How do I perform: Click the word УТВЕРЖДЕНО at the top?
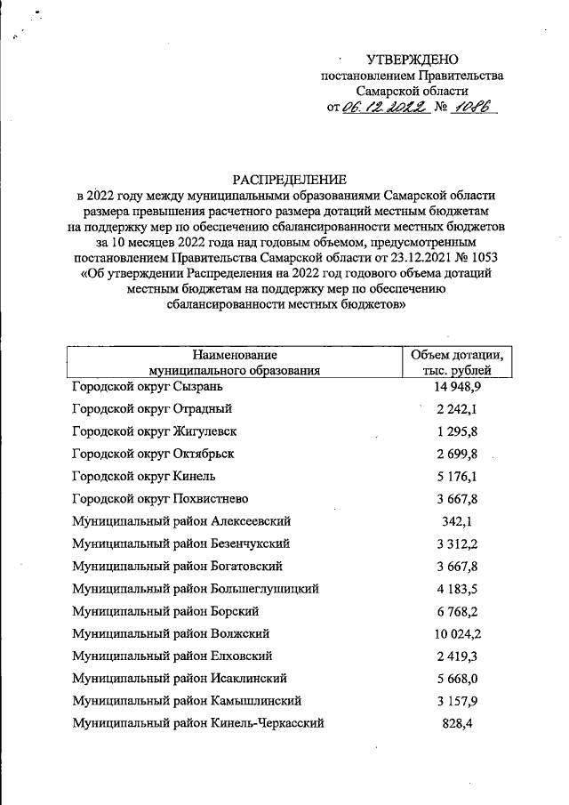[x=412, y=58]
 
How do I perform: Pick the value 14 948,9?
[x=458, y=386]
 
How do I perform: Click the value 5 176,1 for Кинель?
[x=458, y=476]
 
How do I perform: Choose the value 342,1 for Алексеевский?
[x=458, y=520]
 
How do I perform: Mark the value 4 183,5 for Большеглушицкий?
[x=458, y=588]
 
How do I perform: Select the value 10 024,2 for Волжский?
[x=458, y=633]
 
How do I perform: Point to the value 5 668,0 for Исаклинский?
[x=458, y=678]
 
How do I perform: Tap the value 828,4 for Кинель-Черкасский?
[x=458, y=723]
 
